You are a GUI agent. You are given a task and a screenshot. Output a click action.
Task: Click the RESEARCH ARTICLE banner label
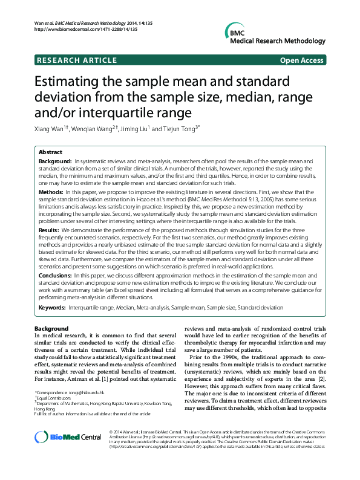tap(77, 60)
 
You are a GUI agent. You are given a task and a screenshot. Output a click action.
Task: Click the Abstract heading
tap(51, 152)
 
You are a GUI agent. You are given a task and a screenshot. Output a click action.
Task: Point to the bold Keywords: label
tap(53, 308)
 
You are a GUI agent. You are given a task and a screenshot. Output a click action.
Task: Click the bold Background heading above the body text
tap(51, 328)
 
